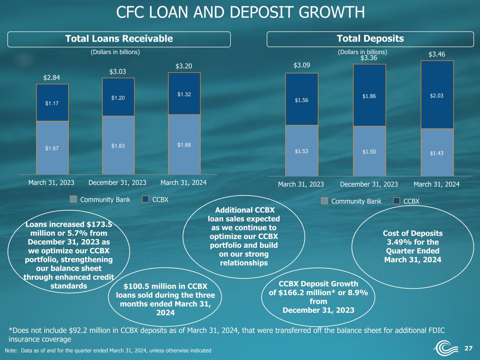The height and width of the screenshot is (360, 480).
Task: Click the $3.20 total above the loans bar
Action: tap(184, 66)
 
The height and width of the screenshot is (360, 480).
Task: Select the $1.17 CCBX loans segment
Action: tap(52, 103)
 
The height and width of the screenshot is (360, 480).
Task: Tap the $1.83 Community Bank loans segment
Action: tap(118, 145)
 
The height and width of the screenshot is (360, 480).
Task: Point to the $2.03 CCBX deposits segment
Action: tap(437, 95)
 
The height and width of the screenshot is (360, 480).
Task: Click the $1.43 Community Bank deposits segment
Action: tap(437, 152)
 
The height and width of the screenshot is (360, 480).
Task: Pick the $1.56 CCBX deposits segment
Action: tap(302, 99)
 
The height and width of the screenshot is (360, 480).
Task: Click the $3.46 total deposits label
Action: tap(437, 54)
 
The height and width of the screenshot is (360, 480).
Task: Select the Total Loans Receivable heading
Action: tap(119, 39)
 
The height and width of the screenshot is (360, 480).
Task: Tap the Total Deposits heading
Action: tap(370, 39)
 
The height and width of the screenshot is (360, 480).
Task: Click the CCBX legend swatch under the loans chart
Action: tap(146, 199)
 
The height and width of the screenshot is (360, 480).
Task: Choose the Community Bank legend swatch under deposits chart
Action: tap(325, 201)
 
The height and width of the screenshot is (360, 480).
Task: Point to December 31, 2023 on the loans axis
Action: tap(117, 183)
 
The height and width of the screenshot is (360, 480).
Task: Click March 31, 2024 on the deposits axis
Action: tap(436, 185)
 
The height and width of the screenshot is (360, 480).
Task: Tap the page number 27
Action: tap(468, 348)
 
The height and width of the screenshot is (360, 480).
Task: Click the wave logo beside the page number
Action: tap(446, 348)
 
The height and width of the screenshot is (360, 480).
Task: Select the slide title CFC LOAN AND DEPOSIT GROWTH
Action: tap(240, 12)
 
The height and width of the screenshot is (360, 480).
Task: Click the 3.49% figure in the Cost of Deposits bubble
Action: tap(396, 242)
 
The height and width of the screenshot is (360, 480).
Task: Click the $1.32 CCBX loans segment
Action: tap(184, 94)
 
